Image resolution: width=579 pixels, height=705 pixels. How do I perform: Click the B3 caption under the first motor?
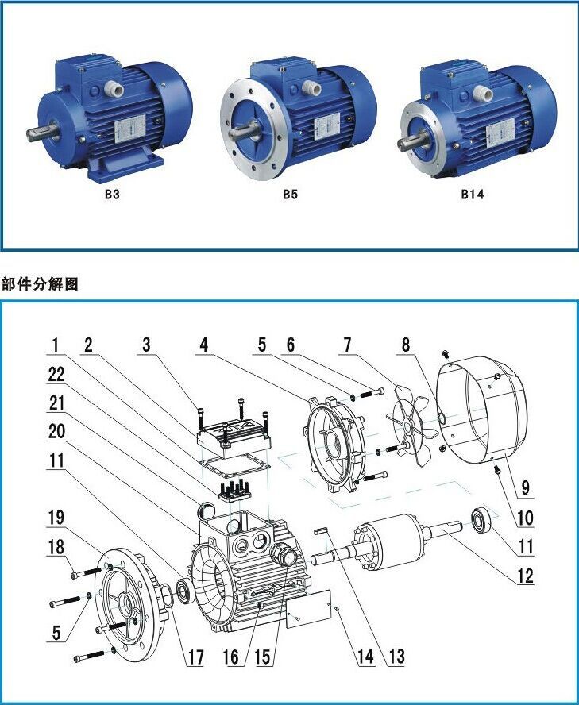112,195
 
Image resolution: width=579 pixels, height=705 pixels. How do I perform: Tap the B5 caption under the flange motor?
290,195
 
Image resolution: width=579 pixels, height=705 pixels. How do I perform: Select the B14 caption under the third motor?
473,195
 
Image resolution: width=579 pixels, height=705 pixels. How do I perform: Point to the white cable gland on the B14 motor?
482,94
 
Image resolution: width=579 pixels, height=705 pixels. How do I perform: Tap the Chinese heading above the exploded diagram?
40,284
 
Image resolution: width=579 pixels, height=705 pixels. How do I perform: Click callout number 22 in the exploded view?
56,375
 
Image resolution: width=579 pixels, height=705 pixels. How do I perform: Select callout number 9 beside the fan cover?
525,487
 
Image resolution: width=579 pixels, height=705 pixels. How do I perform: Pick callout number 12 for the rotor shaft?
525,576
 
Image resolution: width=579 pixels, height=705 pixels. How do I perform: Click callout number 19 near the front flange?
56,518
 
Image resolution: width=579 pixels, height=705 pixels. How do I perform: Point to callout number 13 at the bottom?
396,657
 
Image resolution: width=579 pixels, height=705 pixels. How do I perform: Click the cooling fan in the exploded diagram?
412,425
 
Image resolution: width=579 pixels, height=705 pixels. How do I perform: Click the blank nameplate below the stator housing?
309,608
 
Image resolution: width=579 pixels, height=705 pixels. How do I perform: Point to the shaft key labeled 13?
321,531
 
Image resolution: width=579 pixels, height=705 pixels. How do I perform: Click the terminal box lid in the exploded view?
234,436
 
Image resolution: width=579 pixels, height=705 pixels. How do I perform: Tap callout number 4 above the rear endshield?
204,345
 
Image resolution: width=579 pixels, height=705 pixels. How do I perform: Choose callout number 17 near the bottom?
195,657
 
